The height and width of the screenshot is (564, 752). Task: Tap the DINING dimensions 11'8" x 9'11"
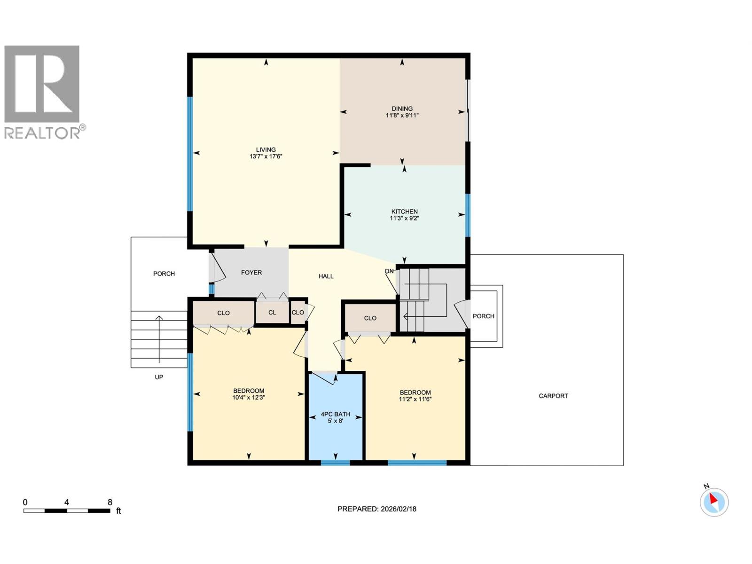point(402,115)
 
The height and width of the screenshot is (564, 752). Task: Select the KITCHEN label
point(404,211)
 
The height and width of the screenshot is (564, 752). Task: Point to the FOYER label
point(251,273)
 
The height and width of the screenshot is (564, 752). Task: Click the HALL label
point(326,276)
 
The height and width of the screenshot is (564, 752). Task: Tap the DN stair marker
point(389,271)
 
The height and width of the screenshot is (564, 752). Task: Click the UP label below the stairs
point(159,377)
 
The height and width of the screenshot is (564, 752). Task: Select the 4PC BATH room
point(335,417)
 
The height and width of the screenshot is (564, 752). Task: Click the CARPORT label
point(553,396)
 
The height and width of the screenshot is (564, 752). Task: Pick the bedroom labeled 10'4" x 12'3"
point(249,394)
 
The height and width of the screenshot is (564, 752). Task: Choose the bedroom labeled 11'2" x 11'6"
point(415,396)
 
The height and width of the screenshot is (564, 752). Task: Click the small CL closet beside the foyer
point(272,313)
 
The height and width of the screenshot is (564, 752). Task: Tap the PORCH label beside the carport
point(483,316)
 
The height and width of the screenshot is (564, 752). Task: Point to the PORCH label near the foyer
point(164,274)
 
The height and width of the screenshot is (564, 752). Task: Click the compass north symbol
point(714,502)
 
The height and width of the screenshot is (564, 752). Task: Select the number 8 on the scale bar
point(110,502)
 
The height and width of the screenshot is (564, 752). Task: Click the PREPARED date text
point(376,509)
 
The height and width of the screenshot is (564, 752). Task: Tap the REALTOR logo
point(42,92)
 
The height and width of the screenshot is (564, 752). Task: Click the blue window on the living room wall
point(190,154)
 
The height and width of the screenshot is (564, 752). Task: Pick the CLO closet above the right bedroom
point(370,318)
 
